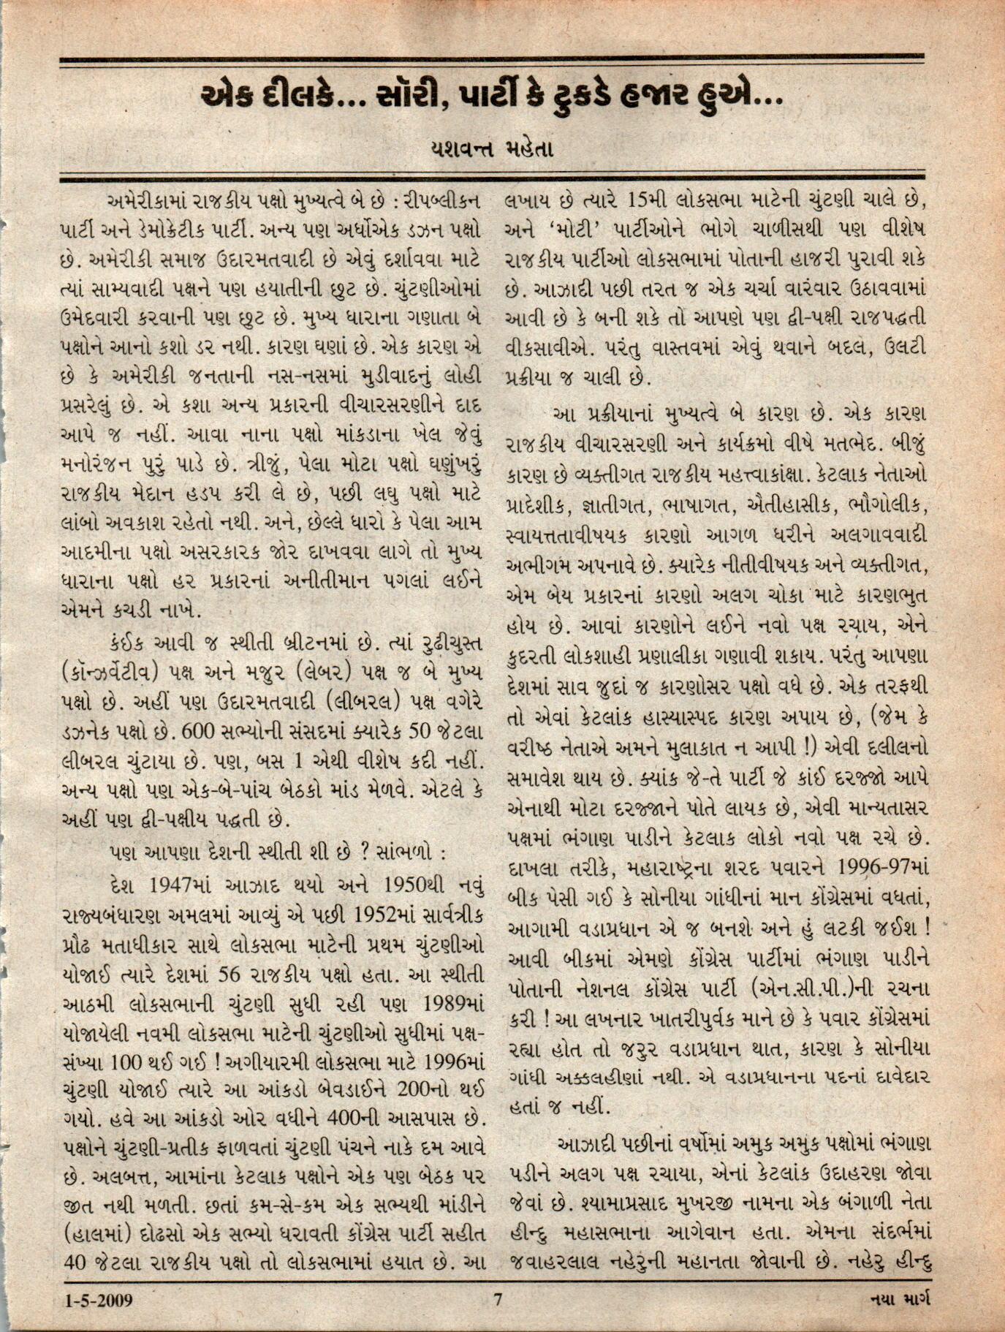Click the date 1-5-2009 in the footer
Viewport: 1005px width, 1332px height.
click(98, 1301)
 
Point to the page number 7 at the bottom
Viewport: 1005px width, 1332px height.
click(498, 1301)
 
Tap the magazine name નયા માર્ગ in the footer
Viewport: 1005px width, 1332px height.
click(903, 1301)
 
